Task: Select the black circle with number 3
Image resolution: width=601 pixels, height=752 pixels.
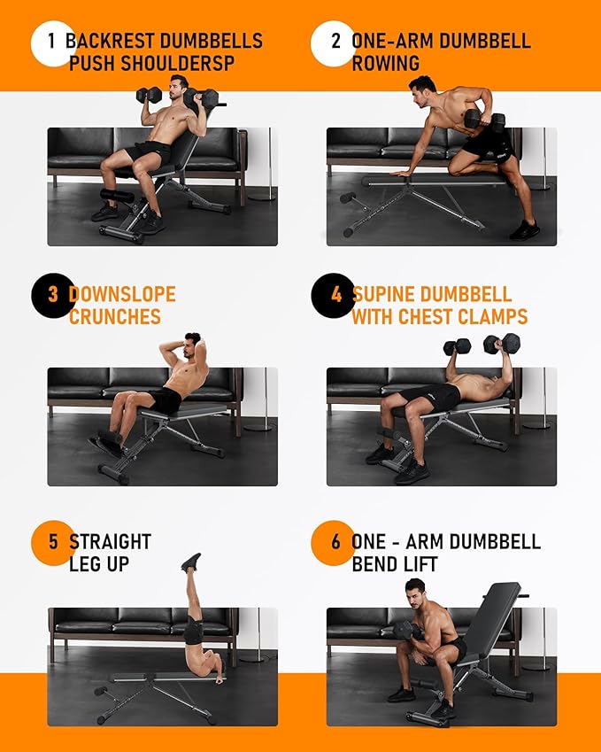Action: click(52, 295)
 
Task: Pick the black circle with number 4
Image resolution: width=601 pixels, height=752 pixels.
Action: click(334, 295)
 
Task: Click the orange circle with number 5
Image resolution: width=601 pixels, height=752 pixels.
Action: click(52, 542)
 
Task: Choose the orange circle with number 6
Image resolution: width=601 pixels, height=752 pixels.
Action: click(334, 542)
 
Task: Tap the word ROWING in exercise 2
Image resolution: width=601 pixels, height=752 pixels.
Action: click(386, 64)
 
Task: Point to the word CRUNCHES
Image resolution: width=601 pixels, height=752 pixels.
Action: click(115, 317)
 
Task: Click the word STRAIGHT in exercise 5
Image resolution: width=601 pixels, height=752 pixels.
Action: click(111, 541)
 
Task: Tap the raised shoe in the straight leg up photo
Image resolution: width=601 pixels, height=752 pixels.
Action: click(191, 562)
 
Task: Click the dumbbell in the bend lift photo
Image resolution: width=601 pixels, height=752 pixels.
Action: click(407, 630)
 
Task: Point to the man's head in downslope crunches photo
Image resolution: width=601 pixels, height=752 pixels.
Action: click(190, 347)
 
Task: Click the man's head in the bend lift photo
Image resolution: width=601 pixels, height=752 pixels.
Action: click(415, 592)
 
